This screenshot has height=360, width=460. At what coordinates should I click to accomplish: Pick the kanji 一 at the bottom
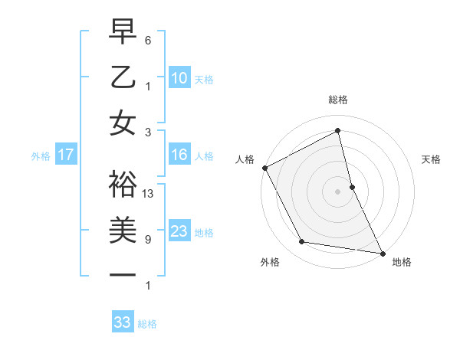[123, 273]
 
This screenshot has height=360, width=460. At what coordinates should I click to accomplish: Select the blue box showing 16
[179, 155]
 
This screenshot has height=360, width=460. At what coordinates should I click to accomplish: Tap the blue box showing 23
[179, 231]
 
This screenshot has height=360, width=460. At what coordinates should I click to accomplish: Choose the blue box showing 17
[66, 155]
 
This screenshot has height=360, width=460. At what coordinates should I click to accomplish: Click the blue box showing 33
[123, 322]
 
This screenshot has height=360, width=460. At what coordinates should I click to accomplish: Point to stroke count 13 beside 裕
[149, 194]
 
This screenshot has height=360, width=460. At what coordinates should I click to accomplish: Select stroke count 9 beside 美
[148, 240]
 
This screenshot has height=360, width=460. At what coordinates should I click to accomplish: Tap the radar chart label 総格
[338, 100]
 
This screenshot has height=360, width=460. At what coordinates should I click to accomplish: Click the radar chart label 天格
[432, 159]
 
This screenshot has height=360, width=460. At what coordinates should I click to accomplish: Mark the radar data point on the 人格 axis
[264, 167]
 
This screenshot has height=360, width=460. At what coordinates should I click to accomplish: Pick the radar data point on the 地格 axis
[383, 253]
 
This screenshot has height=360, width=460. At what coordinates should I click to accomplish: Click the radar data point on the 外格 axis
[302, 242]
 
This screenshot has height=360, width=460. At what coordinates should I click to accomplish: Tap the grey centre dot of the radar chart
[338, 191]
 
